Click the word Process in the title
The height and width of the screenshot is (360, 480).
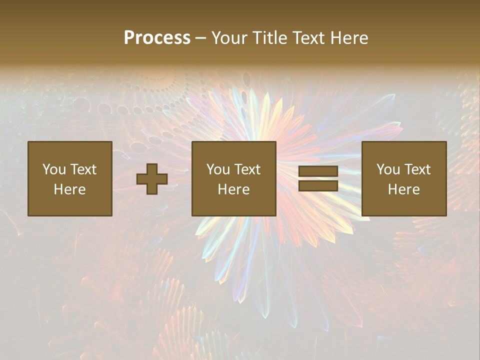157,38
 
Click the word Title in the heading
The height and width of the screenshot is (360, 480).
269,38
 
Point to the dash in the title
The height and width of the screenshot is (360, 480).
200,38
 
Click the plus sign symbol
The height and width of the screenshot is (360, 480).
152,179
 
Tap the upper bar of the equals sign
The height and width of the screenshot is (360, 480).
318,171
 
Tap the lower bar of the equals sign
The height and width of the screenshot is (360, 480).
318,185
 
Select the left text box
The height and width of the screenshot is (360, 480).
70,178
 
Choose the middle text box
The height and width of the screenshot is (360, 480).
234,178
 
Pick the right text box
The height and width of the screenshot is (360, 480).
404,178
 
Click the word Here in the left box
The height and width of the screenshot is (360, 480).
70,189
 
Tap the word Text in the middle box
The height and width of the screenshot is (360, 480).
247,169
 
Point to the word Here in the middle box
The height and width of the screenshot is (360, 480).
234,189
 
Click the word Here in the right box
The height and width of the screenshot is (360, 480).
404,189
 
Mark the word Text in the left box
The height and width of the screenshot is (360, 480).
83,169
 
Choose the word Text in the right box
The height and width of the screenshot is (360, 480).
417,169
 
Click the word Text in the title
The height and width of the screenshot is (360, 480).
308,38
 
